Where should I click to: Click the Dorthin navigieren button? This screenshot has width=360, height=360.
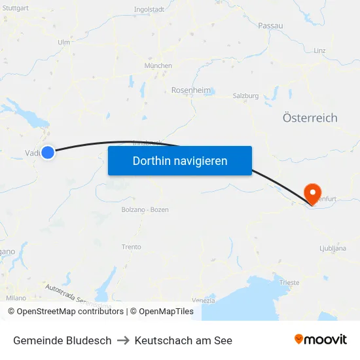180,160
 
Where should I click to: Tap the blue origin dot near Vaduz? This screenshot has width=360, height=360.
47,153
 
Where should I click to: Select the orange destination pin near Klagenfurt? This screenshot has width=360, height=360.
312,192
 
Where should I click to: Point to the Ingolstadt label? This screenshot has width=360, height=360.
149,10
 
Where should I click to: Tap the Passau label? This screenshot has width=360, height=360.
270,26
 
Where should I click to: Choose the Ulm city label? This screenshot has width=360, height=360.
63,43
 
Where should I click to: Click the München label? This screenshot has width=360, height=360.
158,66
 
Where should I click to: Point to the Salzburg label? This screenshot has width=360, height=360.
245,96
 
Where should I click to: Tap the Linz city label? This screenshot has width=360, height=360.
319,50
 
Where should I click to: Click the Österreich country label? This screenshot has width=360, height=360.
310,118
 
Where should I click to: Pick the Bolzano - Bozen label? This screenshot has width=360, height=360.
145,209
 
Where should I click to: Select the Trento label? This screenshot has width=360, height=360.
131,247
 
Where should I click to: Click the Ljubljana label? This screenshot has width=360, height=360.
333,249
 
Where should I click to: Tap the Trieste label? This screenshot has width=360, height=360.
289,283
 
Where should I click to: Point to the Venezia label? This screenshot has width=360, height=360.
204,300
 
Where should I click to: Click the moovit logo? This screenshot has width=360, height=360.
321,339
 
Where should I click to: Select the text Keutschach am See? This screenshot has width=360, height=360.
183,340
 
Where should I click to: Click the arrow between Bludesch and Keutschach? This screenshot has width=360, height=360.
123,340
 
